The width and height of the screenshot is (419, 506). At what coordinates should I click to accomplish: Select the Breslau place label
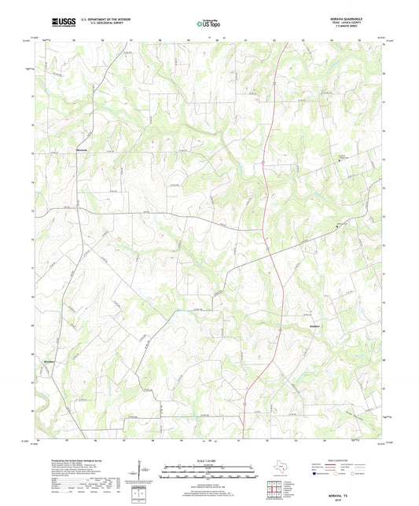[50, 361]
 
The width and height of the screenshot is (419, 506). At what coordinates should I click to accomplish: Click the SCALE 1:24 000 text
[209, 460]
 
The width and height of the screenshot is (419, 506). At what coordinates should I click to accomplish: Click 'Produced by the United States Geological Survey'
[72, 460]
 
